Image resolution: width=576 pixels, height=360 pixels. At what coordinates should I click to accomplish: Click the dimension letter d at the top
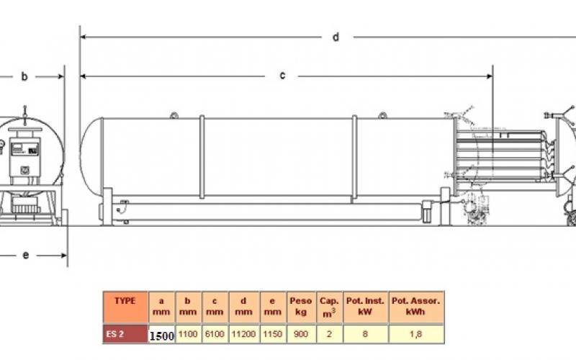[336, 37]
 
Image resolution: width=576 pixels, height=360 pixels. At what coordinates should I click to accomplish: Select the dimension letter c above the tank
[282, 76]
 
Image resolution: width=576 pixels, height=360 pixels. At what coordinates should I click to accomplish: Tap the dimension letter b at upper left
[24, 76]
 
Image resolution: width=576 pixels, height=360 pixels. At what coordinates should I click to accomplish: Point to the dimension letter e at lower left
[26, 255]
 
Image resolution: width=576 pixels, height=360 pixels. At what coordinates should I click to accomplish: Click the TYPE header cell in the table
[125, 307]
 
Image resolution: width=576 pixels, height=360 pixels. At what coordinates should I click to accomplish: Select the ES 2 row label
[125, 334]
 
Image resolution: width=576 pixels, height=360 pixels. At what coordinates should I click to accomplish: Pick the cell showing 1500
[161, 336]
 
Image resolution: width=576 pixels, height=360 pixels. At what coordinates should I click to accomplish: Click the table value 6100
[215, 334]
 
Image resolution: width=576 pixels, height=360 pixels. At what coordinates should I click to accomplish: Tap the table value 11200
[243, 334]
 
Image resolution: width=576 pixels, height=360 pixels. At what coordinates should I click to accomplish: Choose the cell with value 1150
[273, 334]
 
